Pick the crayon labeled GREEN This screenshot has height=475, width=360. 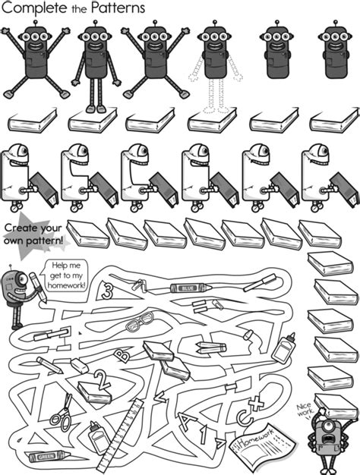point(43,457)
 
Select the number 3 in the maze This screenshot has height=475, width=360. point(108,291)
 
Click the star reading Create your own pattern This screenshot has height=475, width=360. point(33,236)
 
